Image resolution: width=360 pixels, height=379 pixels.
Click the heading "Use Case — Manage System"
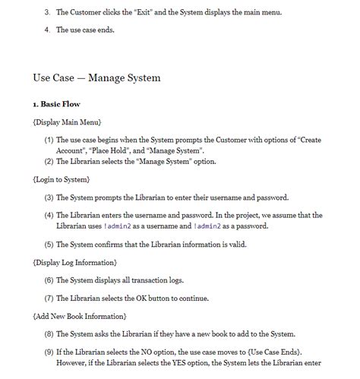96,77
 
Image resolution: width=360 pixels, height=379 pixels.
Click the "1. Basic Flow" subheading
57,103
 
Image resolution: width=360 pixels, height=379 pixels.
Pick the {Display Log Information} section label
74,262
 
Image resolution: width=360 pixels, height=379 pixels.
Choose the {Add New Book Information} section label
80,315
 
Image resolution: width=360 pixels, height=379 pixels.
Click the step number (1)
49,141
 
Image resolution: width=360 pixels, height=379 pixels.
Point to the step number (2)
49,160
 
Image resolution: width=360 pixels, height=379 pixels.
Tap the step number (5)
49,244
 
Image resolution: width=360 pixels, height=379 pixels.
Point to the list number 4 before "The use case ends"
47,30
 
